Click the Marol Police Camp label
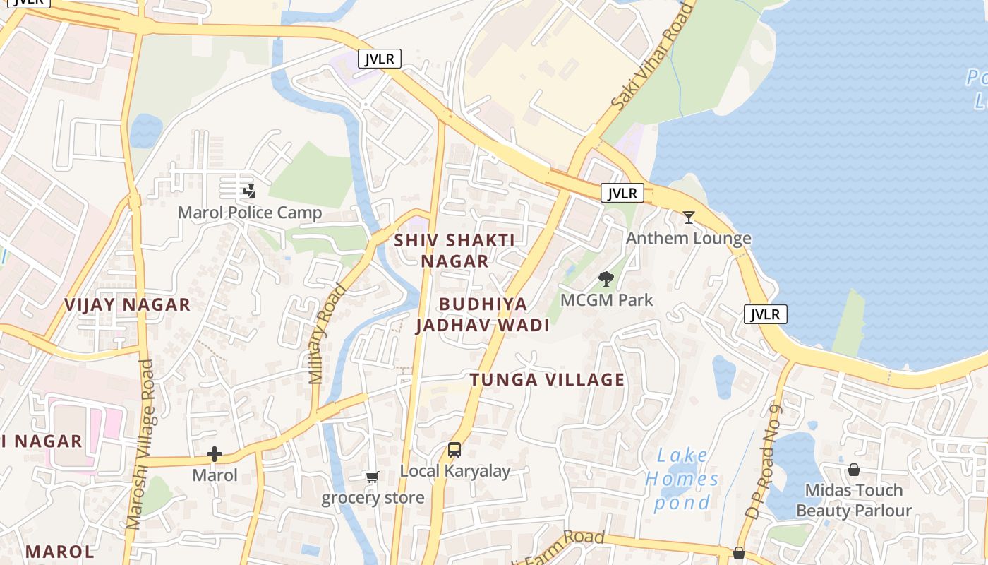coord(250,213)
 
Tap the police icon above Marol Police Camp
coord(248,191)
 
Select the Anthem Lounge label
coord(689,238)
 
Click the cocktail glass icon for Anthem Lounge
coord(689,218)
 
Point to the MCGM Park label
coord(607,299)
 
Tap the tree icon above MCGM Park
coord(606,279)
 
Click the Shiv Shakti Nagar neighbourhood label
coord(454,250)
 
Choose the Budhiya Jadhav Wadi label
coord(483,314)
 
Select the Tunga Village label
coord(548,380)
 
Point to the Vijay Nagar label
coord(128,304)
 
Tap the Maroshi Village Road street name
coord(139,445)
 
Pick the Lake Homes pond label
coord(682,479)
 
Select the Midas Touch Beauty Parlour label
coord(854,500)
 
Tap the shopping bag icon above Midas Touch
coord(854,470)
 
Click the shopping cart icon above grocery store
coord(373,477)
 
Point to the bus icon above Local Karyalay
coord(454,450)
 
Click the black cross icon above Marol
coord(215,454)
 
